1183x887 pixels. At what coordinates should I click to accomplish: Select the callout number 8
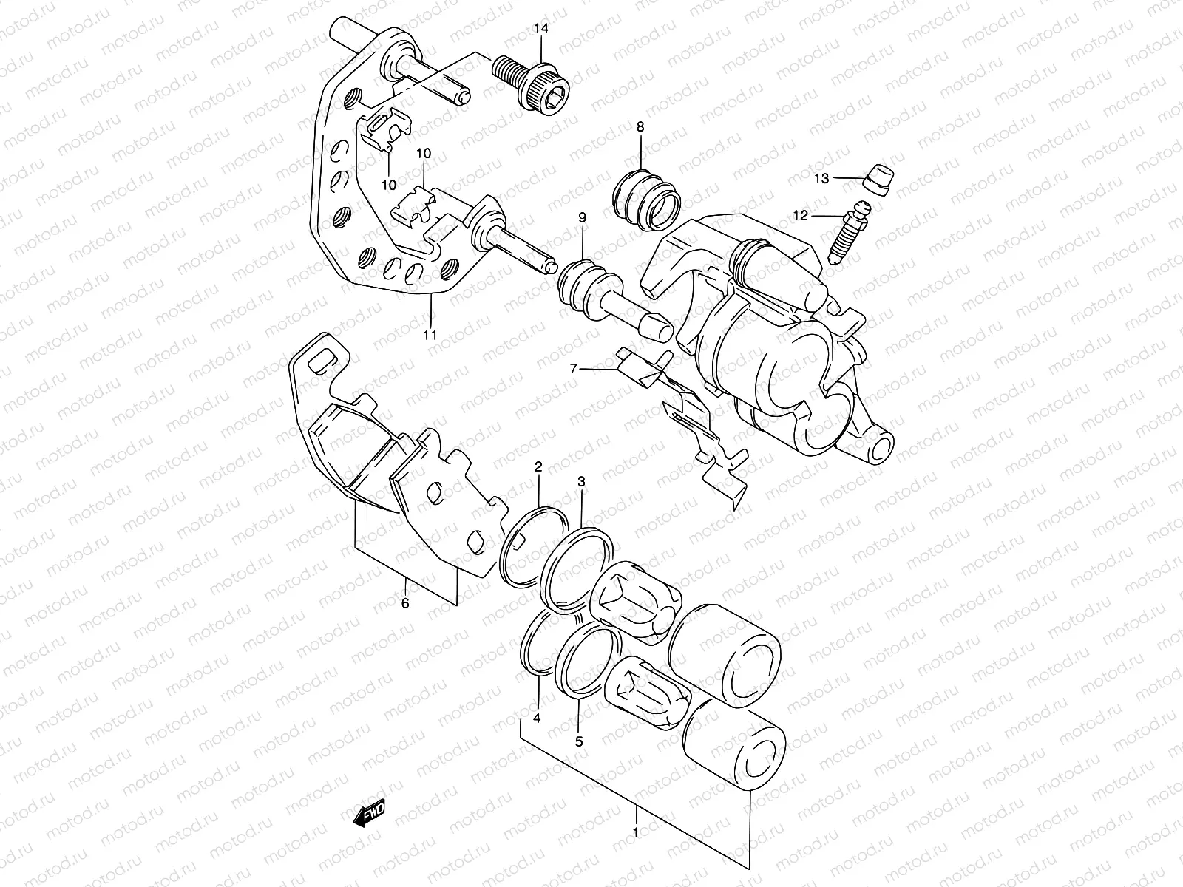[640, 127]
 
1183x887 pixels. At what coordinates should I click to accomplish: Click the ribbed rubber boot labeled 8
[645, 199]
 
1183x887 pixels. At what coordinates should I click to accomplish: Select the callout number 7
[572, 367]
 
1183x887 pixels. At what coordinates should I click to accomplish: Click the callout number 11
[430, 335]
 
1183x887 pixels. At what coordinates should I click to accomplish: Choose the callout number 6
[404, 602]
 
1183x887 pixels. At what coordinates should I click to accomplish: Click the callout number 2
[538, 466]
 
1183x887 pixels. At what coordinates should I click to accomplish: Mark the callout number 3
[582, 482]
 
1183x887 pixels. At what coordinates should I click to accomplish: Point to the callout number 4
[537, 718]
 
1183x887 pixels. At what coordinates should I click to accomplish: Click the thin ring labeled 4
[537, 643]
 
